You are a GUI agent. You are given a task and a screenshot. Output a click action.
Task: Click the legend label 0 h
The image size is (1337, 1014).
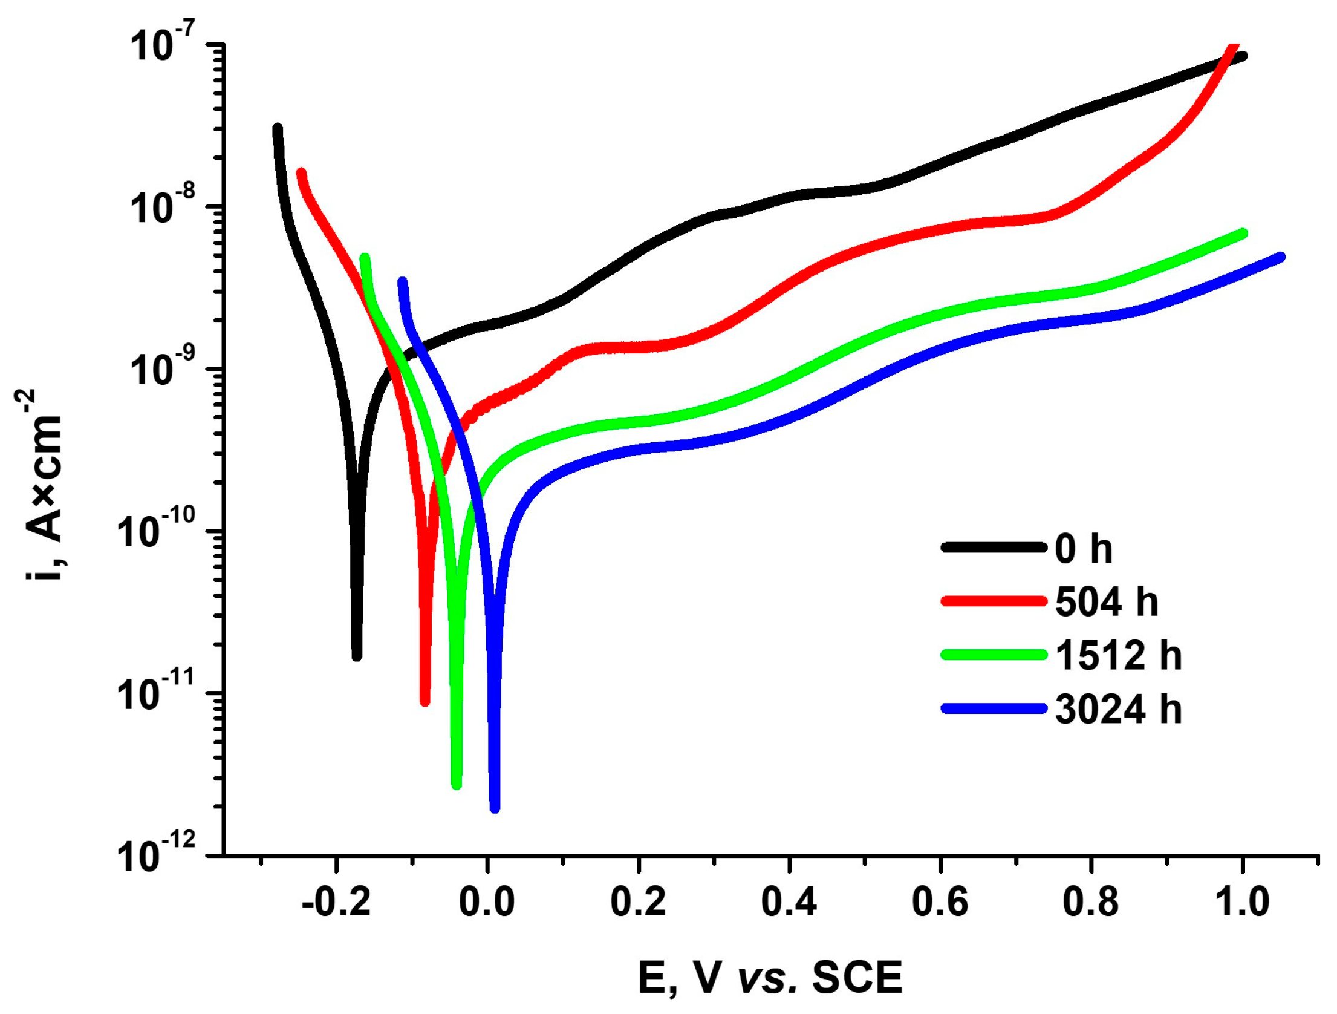pos(1083,549)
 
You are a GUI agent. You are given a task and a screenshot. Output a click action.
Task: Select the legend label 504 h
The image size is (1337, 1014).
pos(1106,602)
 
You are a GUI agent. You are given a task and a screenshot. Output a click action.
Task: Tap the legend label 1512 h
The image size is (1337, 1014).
pos(1118,655)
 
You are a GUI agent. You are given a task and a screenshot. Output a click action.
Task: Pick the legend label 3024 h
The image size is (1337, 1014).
pos(1118,709)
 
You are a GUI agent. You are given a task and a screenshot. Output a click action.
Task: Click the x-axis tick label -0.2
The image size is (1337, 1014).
pos(336,902)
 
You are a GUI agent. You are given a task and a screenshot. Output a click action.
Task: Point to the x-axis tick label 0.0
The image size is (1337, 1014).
pos(487,902)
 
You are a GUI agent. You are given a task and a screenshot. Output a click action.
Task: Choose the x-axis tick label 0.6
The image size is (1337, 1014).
pos(940,902)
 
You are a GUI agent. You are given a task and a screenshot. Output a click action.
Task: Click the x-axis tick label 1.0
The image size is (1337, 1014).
pos(1241,902)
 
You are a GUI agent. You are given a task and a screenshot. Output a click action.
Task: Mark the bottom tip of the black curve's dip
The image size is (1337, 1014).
pos(357,656)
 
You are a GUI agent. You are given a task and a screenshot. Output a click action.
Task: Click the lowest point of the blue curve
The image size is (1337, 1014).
pos(495,808)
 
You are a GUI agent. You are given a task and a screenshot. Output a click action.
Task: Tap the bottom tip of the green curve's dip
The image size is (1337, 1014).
pos(457,785)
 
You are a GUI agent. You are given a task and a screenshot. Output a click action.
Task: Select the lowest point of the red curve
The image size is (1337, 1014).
pos(425,701)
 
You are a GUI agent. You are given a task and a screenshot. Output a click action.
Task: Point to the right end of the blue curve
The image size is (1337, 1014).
pos(1281,257)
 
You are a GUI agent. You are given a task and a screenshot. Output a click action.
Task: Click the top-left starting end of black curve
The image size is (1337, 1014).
pos(278,128)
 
